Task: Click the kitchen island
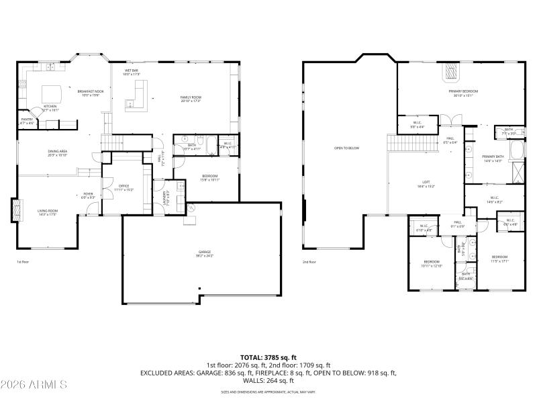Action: click(52, 92)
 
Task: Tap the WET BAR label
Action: click(132, 71)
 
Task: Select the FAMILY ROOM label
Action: click(191, 97)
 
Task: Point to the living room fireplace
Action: click(15, 210)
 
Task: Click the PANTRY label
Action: click(28, 120)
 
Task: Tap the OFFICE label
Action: click(124, 187)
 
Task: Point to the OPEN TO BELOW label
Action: click(347, 148)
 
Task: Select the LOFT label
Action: click(426, 182)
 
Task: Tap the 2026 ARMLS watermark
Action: click(34, 385)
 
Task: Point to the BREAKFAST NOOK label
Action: click(90, 91)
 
